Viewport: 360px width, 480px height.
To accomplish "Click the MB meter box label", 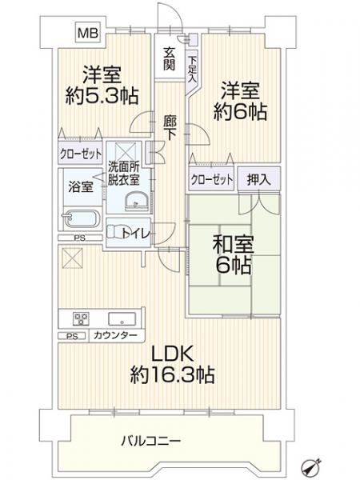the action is (88, 33).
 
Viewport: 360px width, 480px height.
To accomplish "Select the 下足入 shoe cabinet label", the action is (192, 69).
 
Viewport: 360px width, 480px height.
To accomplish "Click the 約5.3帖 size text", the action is (102, 96).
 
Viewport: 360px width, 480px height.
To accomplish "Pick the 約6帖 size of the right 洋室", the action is (240, 111).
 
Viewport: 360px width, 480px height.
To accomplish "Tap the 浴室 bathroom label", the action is (81, 186).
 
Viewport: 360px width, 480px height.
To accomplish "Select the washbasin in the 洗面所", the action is (137, 202).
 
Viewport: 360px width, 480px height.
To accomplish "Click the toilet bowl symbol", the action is (115, 232).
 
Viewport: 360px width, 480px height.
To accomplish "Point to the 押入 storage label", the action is (259, 180).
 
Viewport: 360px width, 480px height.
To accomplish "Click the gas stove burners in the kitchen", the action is (81, 319).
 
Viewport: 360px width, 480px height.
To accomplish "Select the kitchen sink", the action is (122, 319).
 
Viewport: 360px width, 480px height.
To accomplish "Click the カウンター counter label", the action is (115, 335).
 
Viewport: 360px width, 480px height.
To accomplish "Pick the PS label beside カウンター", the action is (72, 337).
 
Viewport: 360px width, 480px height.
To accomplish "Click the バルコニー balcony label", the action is (151, 441).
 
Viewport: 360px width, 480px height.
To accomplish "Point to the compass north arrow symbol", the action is (311, 467).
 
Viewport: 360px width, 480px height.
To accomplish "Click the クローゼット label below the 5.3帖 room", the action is (81, 154).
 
